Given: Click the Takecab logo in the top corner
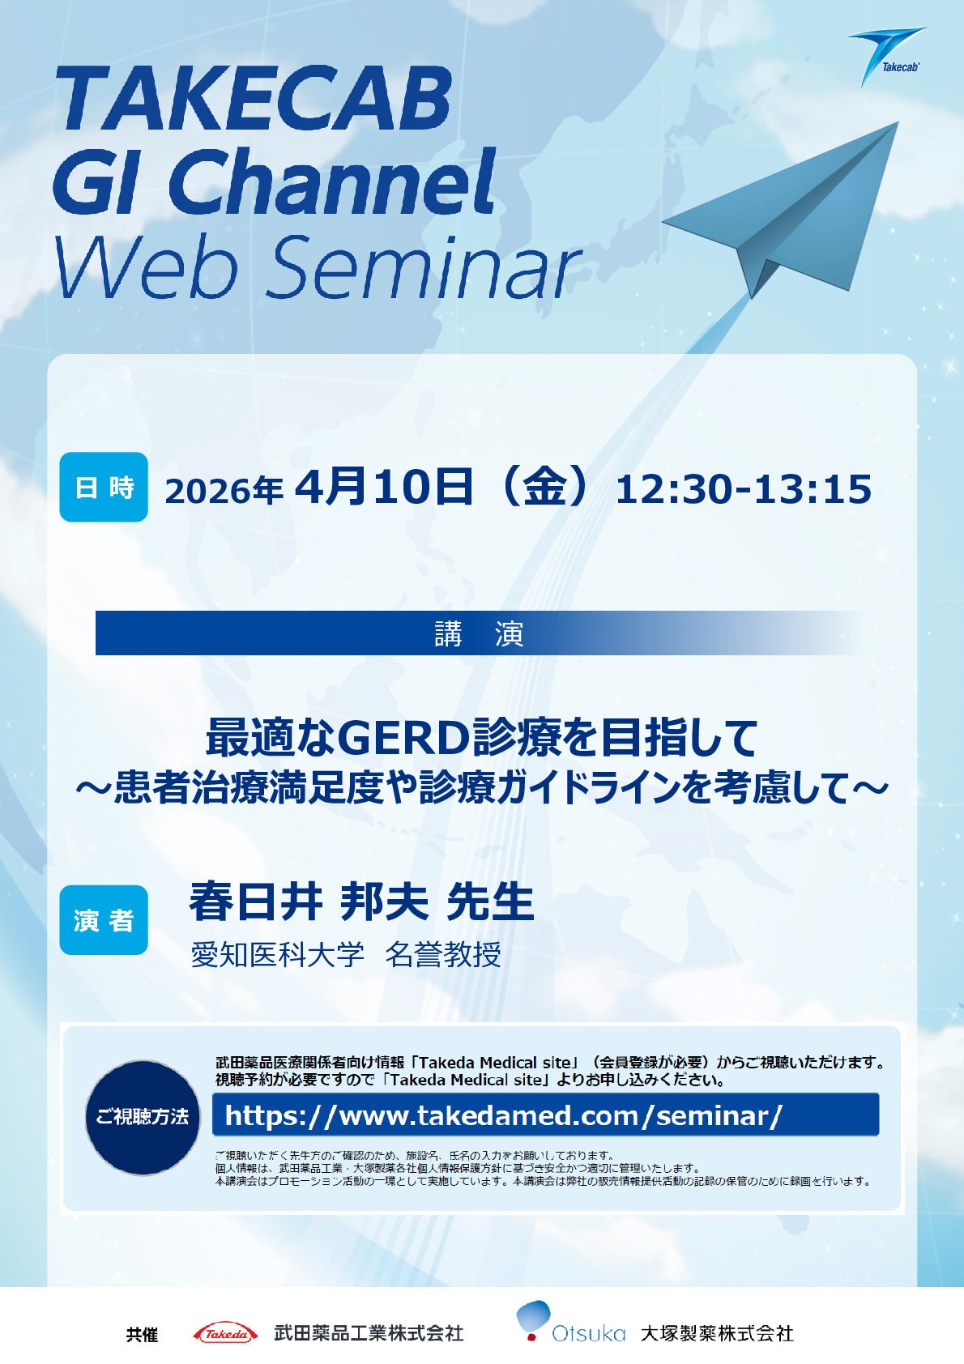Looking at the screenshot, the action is click(x=887, y=56).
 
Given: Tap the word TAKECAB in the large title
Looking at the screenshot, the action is click(x=254, y=100).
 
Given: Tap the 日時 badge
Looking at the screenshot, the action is click(x=104, y=487).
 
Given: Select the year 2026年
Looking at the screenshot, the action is click(x=224, y=490).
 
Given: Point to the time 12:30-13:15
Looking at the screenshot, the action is click(x=744, y=489).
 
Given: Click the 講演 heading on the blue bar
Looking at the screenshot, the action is click(x=480, y=634).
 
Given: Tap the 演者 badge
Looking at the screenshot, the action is click(x=104, y=920).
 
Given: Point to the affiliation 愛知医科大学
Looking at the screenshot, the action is click(x=278, y=955).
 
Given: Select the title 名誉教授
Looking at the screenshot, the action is click(x=443, y=955).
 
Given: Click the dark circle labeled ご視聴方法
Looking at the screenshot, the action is click(x=143, y=1117).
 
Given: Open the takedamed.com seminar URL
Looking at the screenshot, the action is click(x=504, y=1115).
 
